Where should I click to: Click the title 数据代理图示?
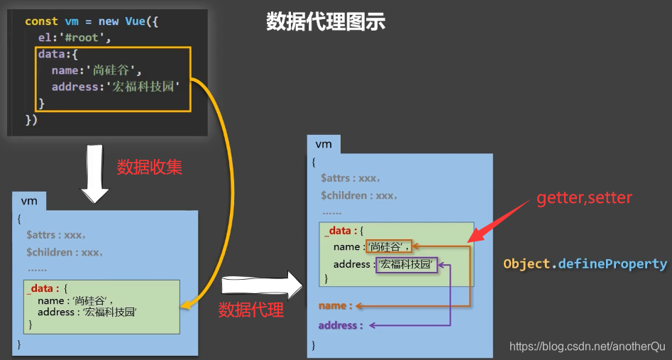pos(326,22)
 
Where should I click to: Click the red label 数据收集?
pos(149,168)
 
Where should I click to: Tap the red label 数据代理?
pos(250,309)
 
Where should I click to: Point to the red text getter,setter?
pos(583,197)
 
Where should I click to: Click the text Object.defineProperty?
pos(585,264)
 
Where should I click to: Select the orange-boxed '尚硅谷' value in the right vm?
pos(389,247)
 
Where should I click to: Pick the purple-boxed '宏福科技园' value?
pos(406,265)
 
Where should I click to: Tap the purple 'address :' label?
pos(340,325)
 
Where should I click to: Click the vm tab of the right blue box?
pos(324,144)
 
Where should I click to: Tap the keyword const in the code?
pos(41,21)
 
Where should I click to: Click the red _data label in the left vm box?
pos(40,289)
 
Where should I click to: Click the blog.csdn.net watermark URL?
pos(588,347)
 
